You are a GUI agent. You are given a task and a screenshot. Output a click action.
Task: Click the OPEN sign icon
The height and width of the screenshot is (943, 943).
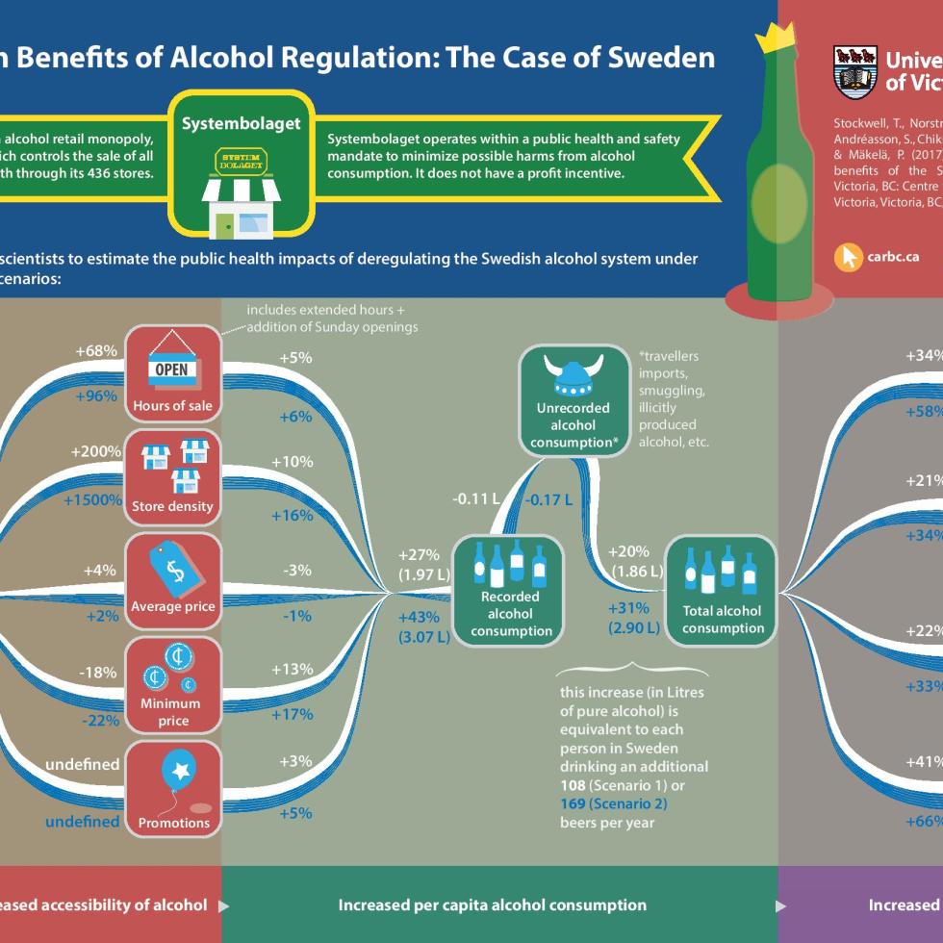point(172,369)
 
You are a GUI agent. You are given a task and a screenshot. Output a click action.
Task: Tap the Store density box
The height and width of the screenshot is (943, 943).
point(173,474)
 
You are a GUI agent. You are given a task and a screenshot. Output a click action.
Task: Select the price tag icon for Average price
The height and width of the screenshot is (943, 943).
point(174,570)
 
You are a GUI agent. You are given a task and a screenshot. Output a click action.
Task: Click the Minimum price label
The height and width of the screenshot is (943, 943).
point(171,711)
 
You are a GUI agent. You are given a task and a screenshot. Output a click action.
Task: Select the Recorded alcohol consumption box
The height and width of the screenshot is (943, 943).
point(509,589)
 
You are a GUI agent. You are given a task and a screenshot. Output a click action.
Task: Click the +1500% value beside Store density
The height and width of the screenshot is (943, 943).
point(92,500)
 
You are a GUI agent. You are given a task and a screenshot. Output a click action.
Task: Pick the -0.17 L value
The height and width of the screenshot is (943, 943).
point(548,499)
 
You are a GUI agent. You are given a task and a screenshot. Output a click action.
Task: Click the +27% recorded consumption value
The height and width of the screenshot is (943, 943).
point(419,555)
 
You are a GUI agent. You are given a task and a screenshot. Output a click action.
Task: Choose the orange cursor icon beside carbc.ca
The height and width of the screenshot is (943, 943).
point(848,257)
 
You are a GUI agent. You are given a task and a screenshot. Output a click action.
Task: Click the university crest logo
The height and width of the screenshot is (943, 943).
point(854,71)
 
